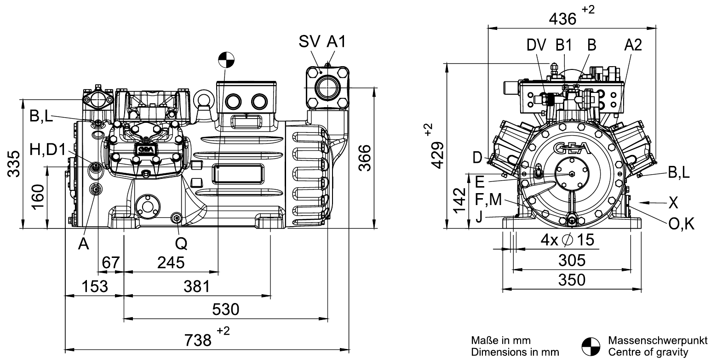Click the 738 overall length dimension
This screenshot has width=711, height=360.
pyautogui.click(x=198, y=340)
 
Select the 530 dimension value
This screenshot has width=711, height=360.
pyautogui.click(x=225, y=309)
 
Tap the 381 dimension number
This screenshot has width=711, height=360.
pyautogui.click(x=197, y=286)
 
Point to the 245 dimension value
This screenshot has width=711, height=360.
pyautogui.click(x=171, y=263)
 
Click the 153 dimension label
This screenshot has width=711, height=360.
pyautogui.click(x=95, y=286)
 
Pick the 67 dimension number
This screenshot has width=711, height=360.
pyautogui.click(x=110, y=263)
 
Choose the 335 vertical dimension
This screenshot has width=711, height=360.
pyautogui.click(x=14, y=164)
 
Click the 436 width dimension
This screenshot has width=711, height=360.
pyautogui.click(x=562, y=19)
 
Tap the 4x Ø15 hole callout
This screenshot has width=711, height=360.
pyautogui.click(x=567, y=240)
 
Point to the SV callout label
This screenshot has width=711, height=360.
pyautogui.click(x=309, y=41)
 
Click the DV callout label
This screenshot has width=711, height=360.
pyautogui.click(x=536, y=45)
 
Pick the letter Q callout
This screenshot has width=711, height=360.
pyautogui.click(x=181, y=244)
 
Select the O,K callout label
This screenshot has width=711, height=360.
pyautogui.click(x=681, y=224)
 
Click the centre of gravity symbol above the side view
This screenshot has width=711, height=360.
pyautogui.click(x=226, y=60)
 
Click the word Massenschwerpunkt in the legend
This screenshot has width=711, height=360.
pyautogui.click(x=658, y=340)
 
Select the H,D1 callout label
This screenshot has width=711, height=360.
pyautogui.click(x=48, y=149)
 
